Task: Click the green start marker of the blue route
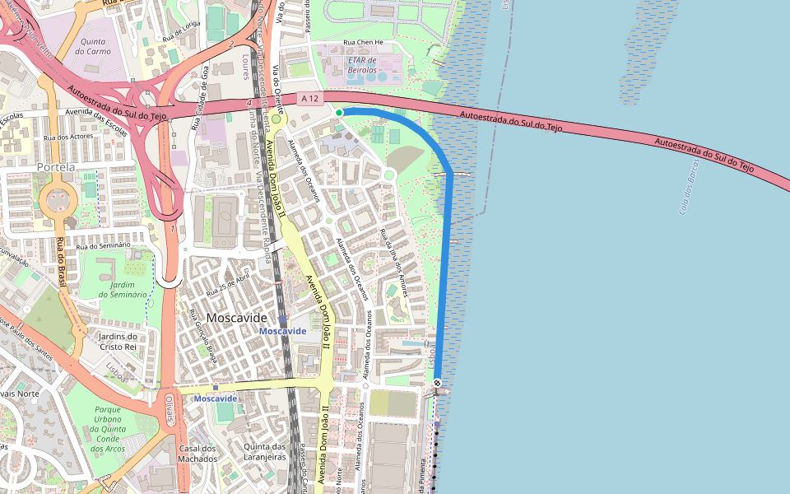coord(338,112)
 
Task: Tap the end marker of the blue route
coord(437,383)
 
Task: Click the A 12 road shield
coord(309,99)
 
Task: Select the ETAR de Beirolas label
coord(362,65)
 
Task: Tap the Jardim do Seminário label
coord(123,289)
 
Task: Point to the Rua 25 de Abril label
coord(227,285)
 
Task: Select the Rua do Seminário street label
coord(104,245)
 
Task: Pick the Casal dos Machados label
coord(197,453)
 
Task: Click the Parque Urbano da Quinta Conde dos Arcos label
coord(109,429)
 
